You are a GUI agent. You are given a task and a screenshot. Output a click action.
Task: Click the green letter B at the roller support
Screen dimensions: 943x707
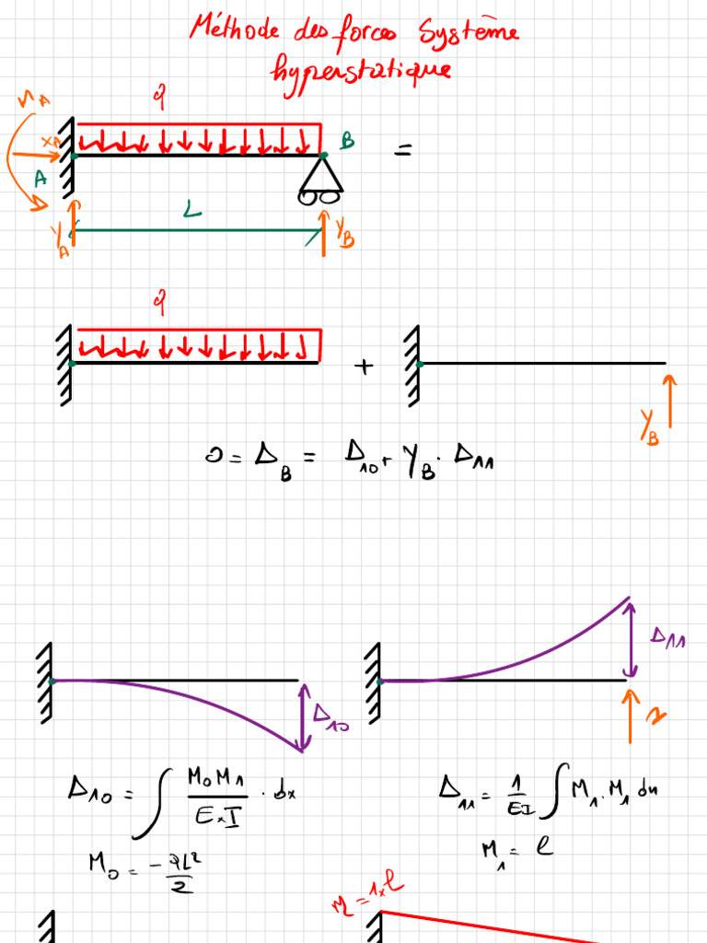[347, 141]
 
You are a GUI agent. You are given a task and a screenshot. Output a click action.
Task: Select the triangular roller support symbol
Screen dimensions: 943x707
[320, 173]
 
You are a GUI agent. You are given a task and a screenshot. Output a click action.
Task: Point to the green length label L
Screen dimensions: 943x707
[191, 213]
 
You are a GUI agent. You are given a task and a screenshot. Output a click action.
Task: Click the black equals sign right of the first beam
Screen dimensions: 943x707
[403, 149]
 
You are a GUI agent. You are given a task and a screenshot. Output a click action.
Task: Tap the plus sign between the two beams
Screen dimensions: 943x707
[365, 367]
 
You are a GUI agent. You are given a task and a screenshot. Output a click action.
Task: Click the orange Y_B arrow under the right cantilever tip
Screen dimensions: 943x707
[669, 402]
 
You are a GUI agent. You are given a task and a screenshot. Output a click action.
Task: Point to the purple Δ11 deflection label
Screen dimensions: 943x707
[668, 637]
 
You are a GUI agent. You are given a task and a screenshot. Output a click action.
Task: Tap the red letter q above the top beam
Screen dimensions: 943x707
[158, 95]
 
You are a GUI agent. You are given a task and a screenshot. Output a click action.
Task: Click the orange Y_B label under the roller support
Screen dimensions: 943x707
[344, 231]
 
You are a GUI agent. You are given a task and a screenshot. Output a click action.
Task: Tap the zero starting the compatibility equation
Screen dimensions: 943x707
[211, 455]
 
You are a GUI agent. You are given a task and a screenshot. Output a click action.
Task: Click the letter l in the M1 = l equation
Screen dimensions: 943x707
[544, 844]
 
